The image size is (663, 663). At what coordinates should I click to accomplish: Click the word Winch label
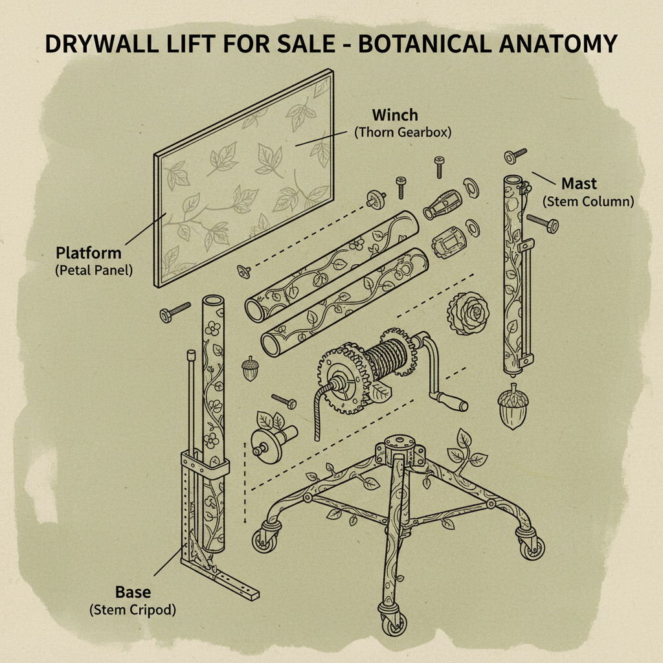(x=394, y=116)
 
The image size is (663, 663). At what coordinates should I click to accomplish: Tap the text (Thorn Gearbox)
(x=402, y=133)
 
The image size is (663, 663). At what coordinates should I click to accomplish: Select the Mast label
(x=579, y=183)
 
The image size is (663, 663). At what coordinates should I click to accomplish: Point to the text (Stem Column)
(x=588, y=201)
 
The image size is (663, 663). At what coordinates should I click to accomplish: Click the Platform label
(x=89, y=252)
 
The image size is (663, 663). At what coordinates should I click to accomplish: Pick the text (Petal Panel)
(x=94, y=269)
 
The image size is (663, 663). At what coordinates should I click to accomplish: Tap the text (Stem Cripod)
(x=132, y=609)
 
